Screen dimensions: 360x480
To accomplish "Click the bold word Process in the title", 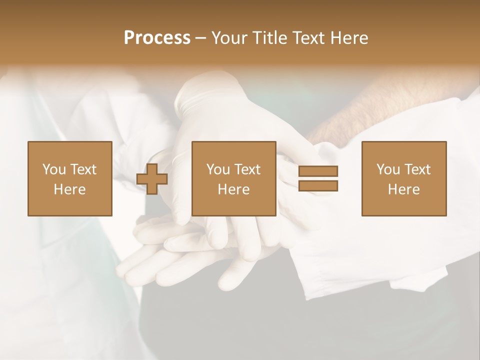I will (157, 38).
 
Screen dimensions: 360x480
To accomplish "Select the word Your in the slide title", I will (229, 38).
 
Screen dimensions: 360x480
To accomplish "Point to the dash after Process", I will (200, 38).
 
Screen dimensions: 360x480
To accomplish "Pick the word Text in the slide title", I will (305, 38).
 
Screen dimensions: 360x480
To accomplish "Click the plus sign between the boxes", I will (152, 178).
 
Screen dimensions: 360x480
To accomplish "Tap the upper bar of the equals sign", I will (318, 171).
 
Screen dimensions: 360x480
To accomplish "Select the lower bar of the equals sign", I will (318, 185).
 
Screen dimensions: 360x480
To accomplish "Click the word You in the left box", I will (53, 169).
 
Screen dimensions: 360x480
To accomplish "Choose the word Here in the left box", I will (69, 189).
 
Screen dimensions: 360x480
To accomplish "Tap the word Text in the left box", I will (82, 169).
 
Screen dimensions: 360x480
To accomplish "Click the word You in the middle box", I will (218, 169).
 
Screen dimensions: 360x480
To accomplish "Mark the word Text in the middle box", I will (247, 169).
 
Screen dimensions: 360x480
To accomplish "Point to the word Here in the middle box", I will (233, 189).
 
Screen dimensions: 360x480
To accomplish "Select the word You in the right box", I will (388, 169).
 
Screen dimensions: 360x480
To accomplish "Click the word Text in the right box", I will (417, 169).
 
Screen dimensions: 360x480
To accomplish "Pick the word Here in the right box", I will (403, 189).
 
